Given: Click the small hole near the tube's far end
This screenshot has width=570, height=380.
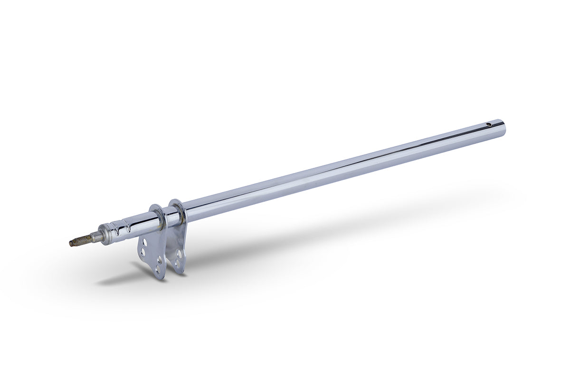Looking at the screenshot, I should point(489,125).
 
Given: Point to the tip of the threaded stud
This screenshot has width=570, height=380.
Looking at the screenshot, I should point(71,244).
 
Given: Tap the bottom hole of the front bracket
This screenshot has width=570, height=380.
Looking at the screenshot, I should point(158,269).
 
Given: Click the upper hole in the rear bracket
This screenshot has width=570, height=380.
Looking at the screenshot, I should point(179,254).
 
